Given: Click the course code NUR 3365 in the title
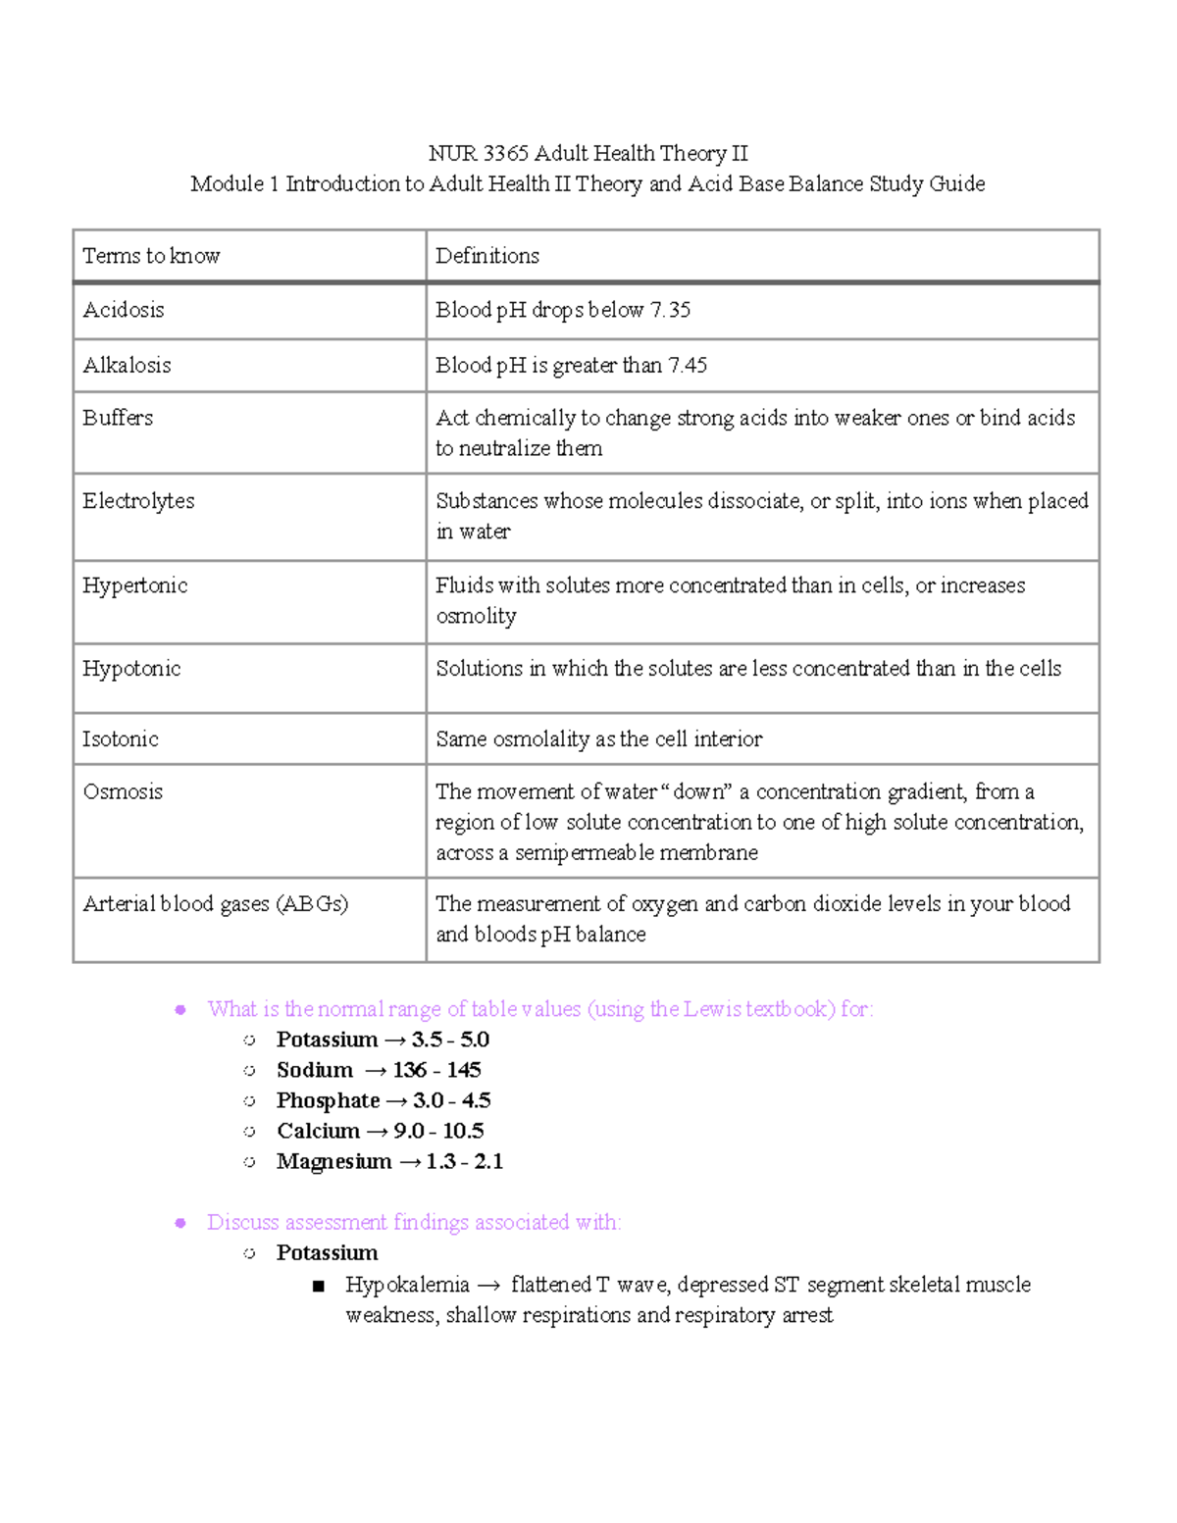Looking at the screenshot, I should [x=478, y=154].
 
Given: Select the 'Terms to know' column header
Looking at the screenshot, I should [x=151, y=256].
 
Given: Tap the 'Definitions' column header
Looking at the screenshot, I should [x=487, y=256].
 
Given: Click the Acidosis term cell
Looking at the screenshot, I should [x=124, y=310].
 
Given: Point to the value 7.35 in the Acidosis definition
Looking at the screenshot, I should [x=670, y=310].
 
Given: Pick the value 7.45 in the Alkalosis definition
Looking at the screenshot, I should [x=688, y=366].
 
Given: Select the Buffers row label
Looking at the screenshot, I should [x=118, y=418].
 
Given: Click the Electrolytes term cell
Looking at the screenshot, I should [x=138, y=501].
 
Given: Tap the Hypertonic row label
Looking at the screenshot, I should [x=135, y=585].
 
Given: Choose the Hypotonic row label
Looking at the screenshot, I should [x=131, y=669].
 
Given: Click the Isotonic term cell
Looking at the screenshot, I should [x=121, y=739].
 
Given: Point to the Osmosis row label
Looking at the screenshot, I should [x=123, y=791].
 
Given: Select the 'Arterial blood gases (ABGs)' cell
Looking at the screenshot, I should [x=216, y=904].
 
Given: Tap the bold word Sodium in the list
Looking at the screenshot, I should [x=314, y=1070].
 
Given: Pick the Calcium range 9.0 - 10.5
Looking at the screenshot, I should [x=438, y=1131].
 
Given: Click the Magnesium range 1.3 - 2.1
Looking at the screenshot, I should [x=464, y=1161].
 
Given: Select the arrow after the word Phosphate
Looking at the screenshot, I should [x=396, y=1101].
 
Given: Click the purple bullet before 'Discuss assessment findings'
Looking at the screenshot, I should [x=180, y=1223].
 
